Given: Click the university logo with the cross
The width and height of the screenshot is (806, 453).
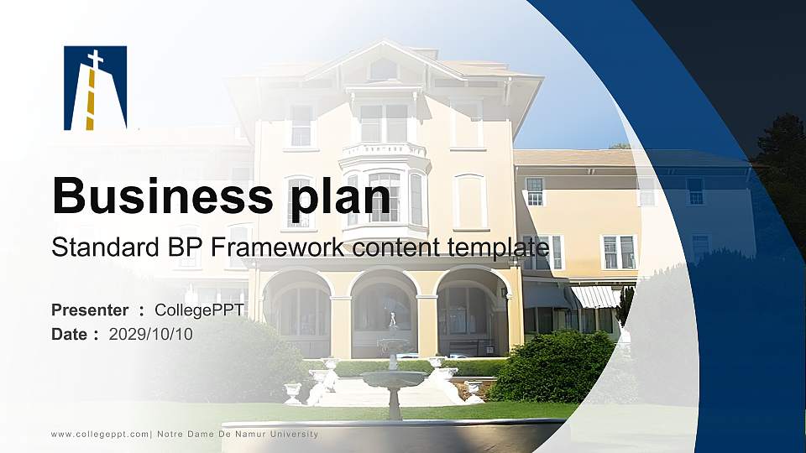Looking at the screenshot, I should [x=95, y=88].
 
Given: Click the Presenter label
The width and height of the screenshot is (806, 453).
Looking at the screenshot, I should [x=90, y=310].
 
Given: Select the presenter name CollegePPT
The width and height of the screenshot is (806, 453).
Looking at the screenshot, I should [x=200, y=310].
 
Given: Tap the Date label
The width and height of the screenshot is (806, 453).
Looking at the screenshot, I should [x=70, y=335].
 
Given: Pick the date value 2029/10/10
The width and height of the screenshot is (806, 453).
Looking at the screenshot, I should [x=151, y=335].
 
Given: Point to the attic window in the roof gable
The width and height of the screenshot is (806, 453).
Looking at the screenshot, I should [x=384, y=70].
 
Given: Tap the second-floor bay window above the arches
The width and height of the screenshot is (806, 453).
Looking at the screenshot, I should [x=385, y=197].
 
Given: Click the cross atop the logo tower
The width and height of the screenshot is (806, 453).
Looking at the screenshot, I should [x=96, y=59].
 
